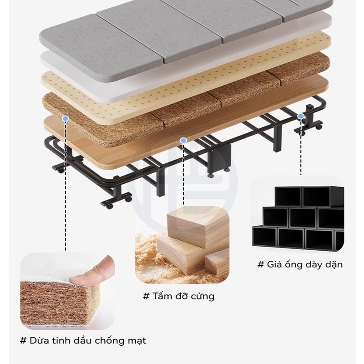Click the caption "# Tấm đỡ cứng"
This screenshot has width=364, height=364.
[x=178, y=296]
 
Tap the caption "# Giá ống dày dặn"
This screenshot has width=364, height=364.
[x=300, y=264]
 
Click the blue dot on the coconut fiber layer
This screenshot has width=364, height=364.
[x=66, y=118]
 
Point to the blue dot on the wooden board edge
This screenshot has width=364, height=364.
[x=183, y=141]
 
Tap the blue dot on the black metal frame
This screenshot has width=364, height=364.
[x=301, y=116]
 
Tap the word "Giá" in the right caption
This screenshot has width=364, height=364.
[x=273, y=264]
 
